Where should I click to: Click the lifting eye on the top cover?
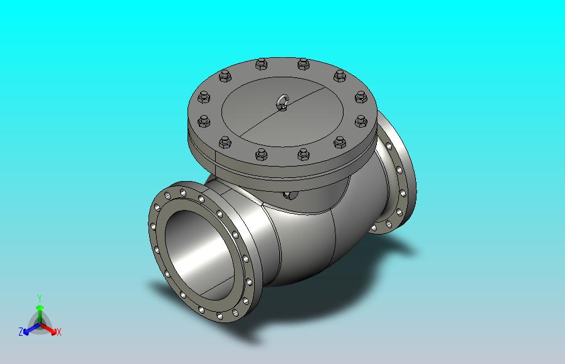283,102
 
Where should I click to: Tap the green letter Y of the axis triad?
40,298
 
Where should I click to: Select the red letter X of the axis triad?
59,332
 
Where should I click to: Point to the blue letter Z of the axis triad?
21,331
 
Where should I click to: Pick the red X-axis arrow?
48,329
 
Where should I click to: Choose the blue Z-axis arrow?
31,329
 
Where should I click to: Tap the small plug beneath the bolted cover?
290,195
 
